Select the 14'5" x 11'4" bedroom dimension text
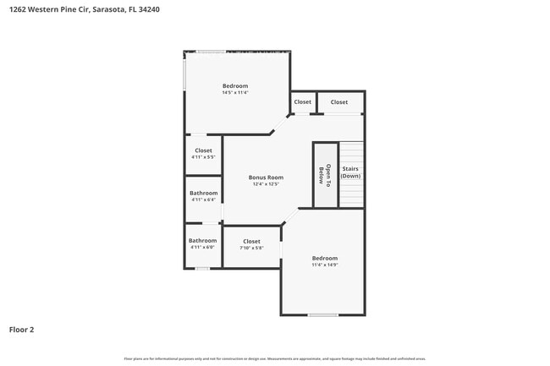235,93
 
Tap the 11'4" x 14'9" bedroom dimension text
324,265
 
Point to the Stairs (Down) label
350,172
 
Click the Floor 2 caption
22,329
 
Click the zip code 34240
172,9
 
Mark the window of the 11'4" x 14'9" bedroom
323,315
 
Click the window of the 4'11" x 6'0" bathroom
202,269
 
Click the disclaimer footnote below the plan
275,358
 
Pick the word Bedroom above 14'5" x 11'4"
235,86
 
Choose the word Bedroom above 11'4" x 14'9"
324,258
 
